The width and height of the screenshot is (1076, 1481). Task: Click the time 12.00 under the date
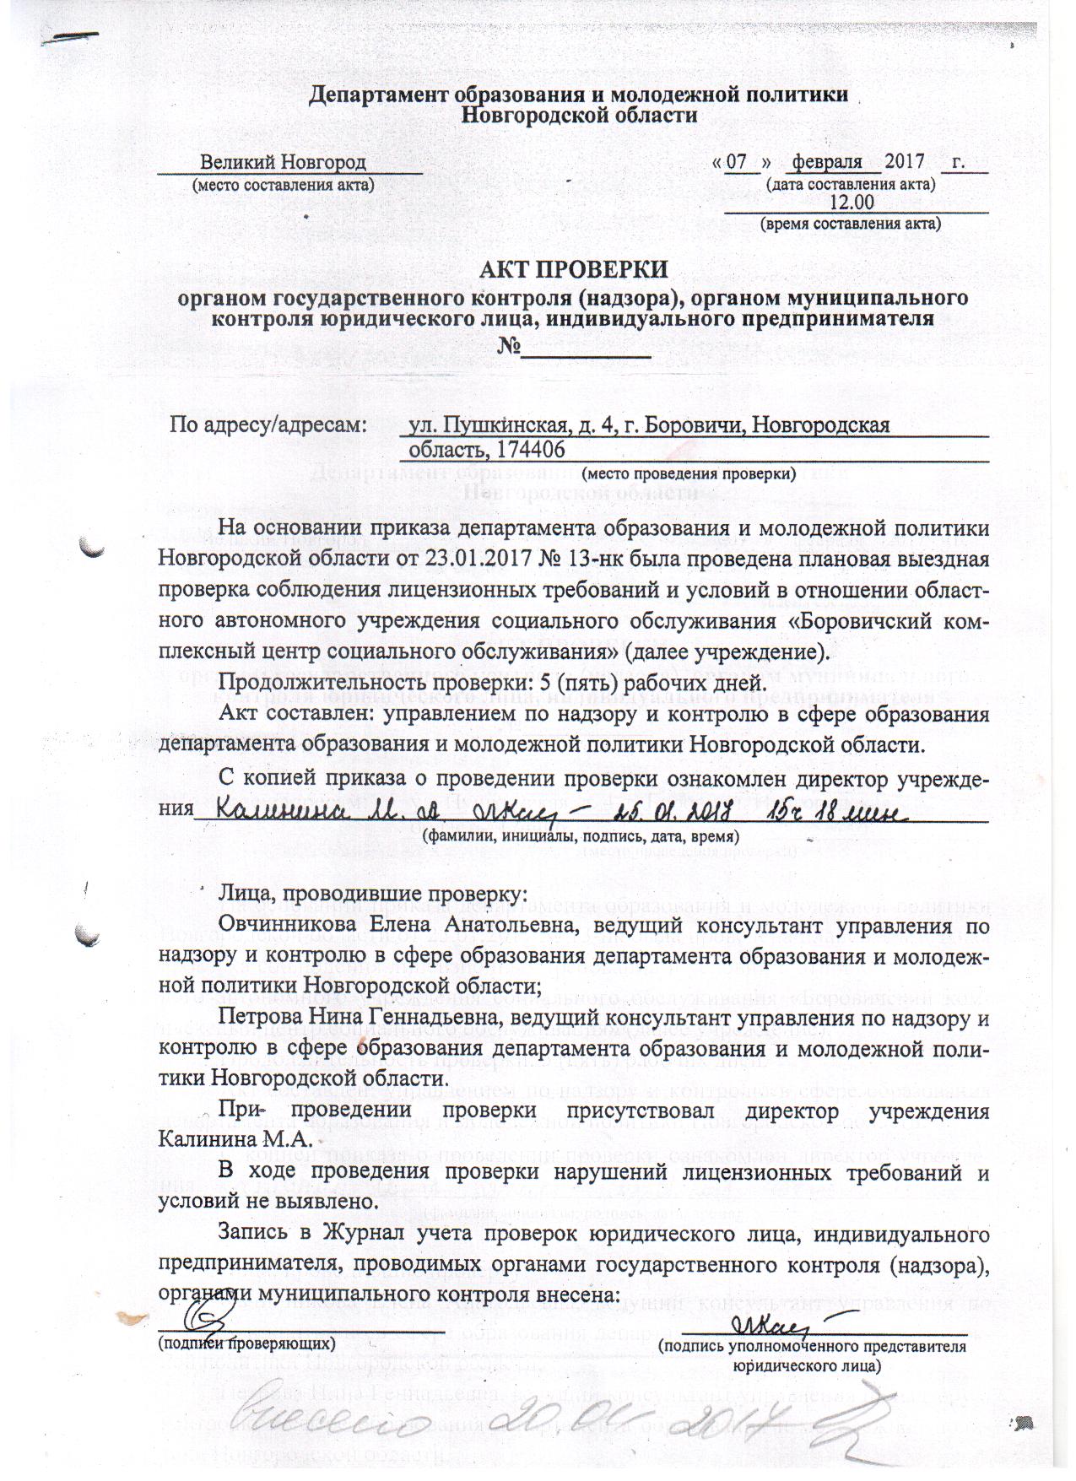(852, 203)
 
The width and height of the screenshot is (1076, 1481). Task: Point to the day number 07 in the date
(738, 161)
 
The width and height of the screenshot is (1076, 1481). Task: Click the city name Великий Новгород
(283, 161)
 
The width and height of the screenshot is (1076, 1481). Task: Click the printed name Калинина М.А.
(235, 1140)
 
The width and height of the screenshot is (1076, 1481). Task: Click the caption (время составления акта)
(851, 224)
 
